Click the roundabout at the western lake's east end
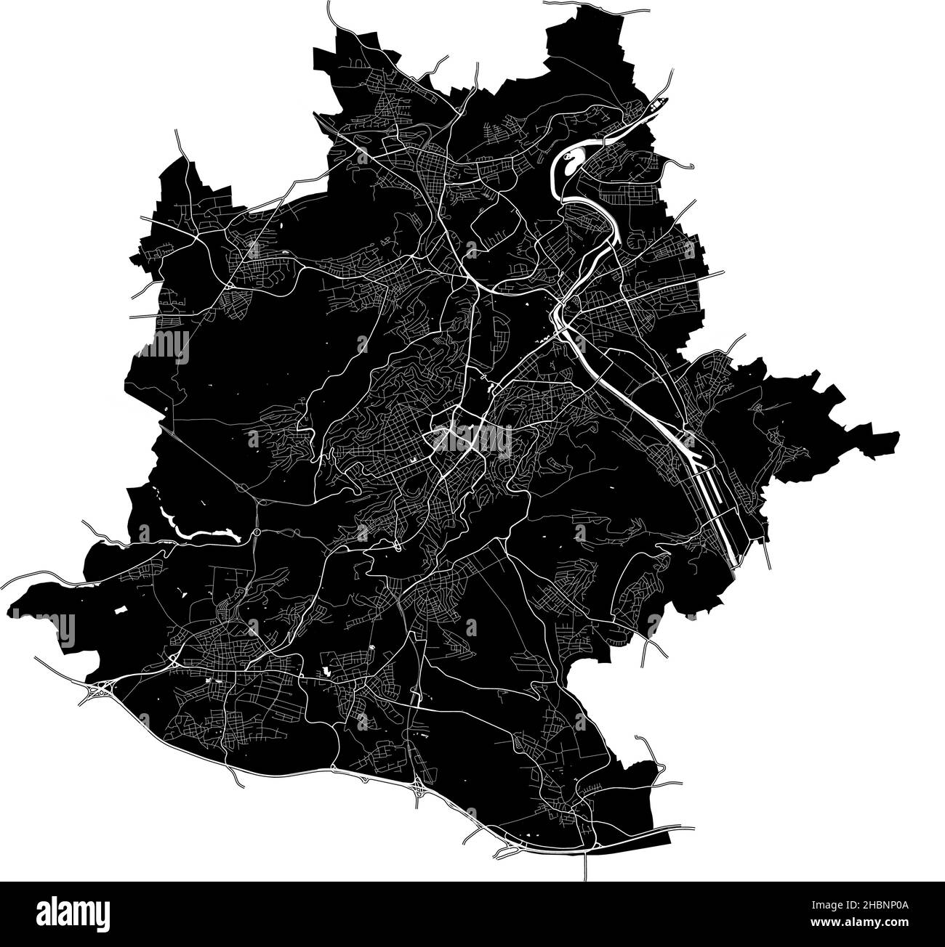(257, 532)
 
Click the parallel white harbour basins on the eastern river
(716, 501)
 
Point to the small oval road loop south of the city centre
(397, 545)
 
